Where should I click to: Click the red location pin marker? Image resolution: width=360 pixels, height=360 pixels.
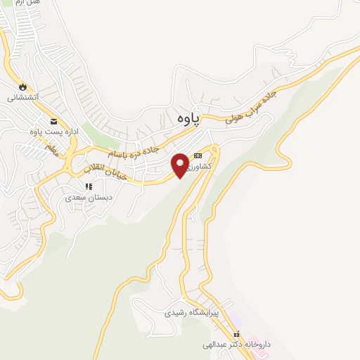click(180, 166)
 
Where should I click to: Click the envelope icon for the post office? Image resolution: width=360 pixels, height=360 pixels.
click(53, 121)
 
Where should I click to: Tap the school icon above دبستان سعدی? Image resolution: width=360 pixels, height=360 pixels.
click(89, 186)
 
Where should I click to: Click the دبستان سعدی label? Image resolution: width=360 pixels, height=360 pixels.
click(89, 198)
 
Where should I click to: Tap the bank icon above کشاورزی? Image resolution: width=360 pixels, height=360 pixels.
click(198, 156)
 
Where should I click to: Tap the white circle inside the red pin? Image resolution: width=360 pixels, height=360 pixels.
click(180, 162)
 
